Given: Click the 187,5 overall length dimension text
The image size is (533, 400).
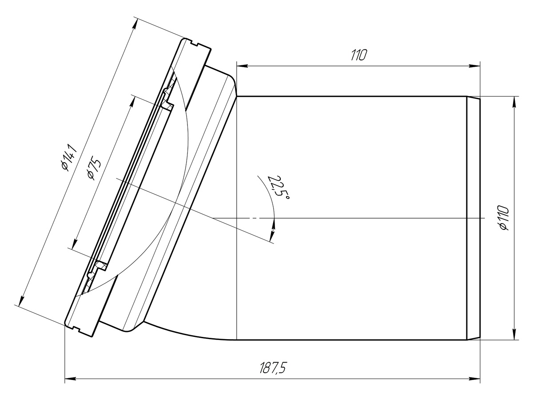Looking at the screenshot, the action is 273,368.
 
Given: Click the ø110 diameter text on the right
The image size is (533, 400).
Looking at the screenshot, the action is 502,218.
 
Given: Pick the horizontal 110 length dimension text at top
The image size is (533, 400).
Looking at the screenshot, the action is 358,55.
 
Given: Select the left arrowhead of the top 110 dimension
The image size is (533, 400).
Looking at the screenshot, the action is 243,66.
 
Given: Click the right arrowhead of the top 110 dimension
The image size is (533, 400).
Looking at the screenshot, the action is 474,66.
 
